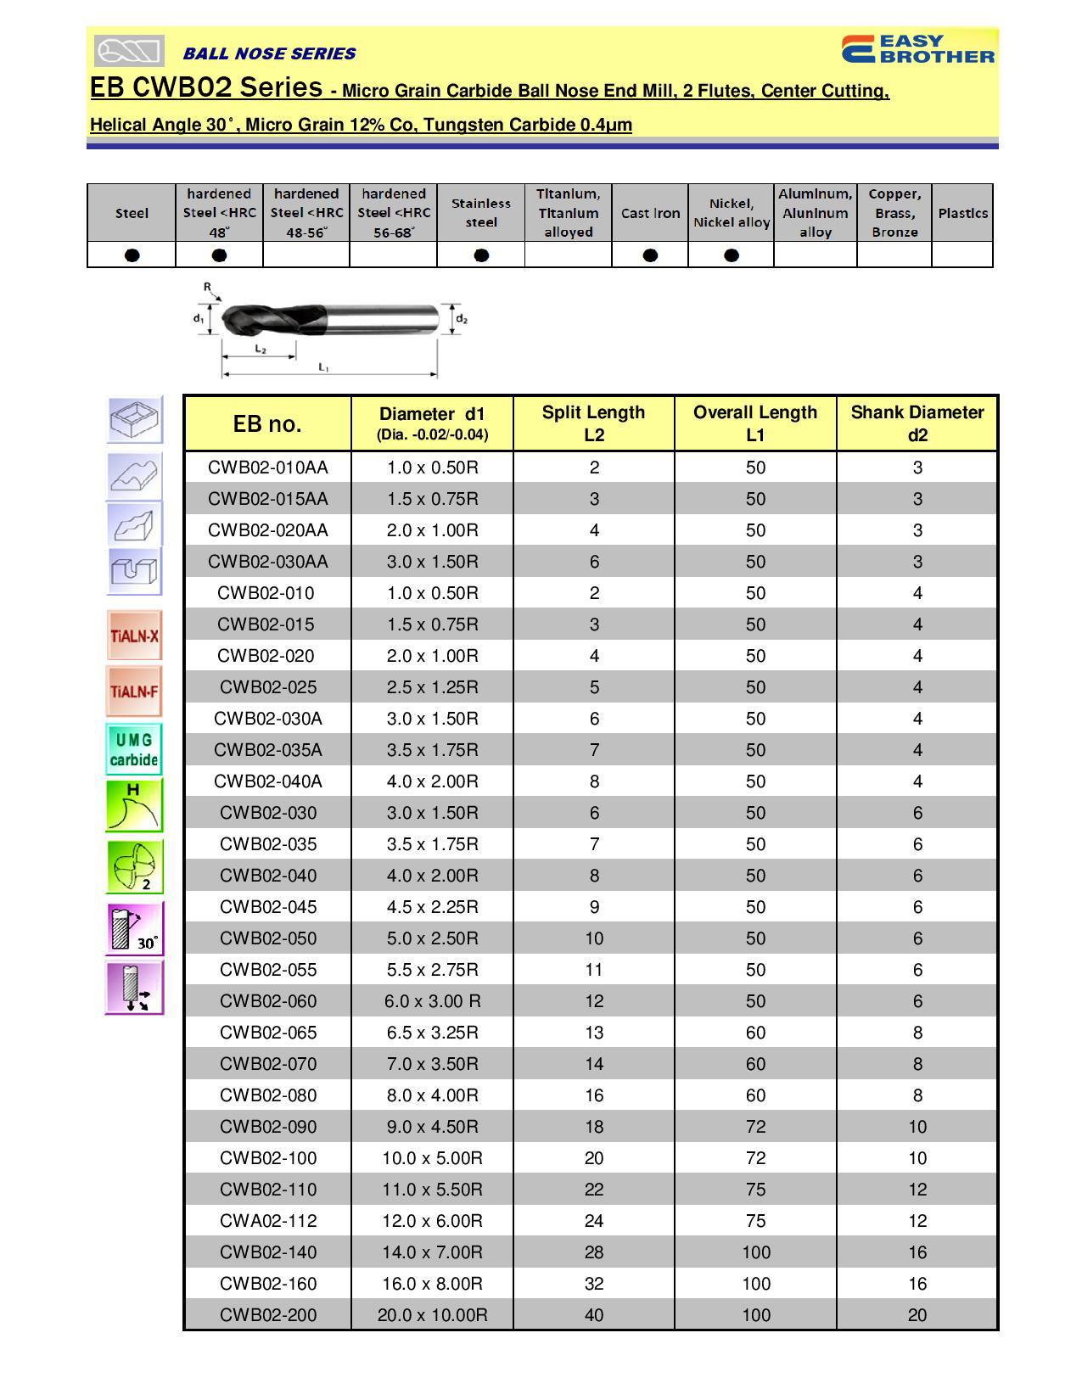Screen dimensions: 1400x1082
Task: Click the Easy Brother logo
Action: coord(917,49)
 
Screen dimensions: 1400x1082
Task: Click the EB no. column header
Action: coord(267,423)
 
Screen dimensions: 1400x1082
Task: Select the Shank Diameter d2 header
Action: coord(917,423)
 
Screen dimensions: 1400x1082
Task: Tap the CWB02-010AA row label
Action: coord(267,468)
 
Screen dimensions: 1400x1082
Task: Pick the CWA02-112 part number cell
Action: coord(267,1221)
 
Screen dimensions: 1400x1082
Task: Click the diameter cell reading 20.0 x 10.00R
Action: coord(432,1315)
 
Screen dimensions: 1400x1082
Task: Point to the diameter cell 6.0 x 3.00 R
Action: coord(432,1001)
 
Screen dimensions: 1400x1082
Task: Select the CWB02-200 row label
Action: coord(267,1315)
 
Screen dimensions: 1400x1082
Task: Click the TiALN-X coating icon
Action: coord(134,636)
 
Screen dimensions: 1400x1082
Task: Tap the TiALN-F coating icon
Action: coord(134,691)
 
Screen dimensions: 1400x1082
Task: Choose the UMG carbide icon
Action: coord(134,749)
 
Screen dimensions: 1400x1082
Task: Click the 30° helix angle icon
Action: coord(134,929)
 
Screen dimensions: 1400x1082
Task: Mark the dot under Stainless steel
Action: coord(481,255)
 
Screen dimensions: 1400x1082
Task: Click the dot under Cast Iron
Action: coord(650,255)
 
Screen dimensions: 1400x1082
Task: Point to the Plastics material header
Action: coord(962,213)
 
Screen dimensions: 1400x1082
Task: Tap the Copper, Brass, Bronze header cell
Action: coord(894,213)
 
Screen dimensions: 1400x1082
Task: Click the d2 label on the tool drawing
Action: coord(462,319)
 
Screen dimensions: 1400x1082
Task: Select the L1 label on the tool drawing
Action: coord(323,367)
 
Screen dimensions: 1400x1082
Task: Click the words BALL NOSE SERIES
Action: coord(269,53)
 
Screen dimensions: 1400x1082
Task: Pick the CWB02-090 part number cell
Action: coord(267,1127)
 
